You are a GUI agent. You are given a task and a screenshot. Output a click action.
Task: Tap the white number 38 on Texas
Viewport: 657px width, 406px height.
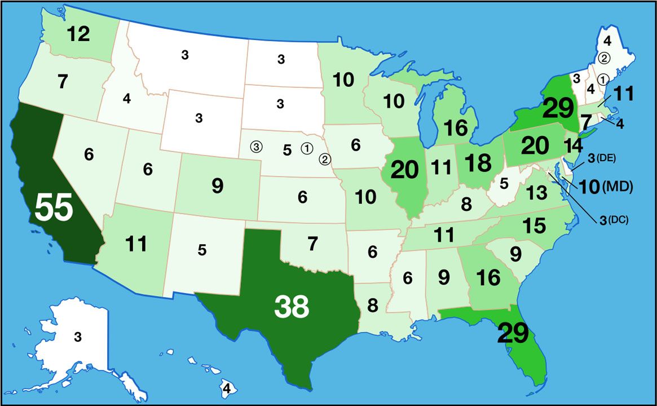[292, 306]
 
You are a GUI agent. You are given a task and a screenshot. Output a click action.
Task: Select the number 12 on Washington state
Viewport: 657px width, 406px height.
[78, 34]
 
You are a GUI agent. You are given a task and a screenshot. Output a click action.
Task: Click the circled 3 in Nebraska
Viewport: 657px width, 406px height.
[257, 147]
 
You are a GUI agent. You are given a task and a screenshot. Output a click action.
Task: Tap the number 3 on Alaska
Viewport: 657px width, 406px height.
[78, 338]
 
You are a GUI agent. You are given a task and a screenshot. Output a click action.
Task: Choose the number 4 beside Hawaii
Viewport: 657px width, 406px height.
[226, 389]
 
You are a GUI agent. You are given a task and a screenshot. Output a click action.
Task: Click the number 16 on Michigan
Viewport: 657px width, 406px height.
[455, 127]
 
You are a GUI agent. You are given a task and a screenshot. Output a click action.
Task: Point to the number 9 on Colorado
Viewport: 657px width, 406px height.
[217, 186]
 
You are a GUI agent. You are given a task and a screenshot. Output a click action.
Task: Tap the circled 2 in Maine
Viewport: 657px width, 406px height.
[604, 58]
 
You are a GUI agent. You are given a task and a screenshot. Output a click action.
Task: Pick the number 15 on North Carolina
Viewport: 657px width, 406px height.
[533, 226]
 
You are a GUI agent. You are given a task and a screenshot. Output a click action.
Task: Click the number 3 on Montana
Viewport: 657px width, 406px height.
[185, 55]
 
